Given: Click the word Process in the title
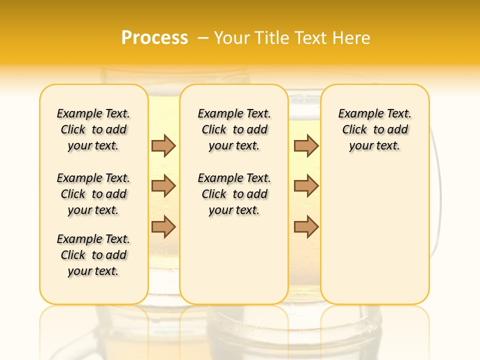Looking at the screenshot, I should pyautogui.click(x=154, y=38).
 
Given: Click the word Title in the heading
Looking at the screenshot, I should pyautogui.click(x=273, y=38).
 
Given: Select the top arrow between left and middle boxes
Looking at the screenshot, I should pyautogui.click(x=163, y=145).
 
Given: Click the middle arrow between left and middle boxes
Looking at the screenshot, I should pyautogui.click(x=163, y=186).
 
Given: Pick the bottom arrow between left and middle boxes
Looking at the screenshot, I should pyautogui.click(x=163, y=226).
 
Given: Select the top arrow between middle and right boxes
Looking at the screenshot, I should pyautogui.click(x=306, y=145).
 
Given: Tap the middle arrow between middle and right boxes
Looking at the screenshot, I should pyautogui.click(x=306, y=186).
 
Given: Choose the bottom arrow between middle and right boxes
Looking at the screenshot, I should pyautogui.click(x=306, y=226).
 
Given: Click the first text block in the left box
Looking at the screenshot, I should pyautogui.click(x=93, y=129).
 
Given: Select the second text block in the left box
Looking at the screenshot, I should pyautogui.click(x=93, y=194).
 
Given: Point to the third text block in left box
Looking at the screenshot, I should pyautogui.click(x=93, y=255).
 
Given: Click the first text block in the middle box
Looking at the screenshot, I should pyautogui.click(x=234, y=129).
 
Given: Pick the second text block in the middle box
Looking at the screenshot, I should pyautogui.click(x=234, y=194).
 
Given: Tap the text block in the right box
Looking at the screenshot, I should pyautogui.click(x=374, y=129).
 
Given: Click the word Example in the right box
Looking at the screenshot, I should pyautogui.click(x=359, y=114).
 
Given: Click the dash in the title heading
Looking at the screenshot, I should pyautogui.click(x=203, y=38).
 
